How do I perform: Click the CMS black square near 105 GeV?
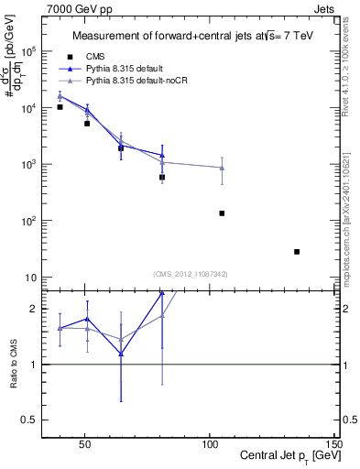[x=222, y=213]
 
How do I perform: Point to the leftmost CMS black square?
[x=60, y=107]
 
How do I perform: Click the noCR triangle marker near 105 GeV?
[x=222, y=168]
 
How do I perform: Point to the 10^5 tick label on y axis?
[x=29, y=51]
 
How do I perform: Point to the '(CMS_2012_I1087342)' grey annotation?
[x=191, y=274]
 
